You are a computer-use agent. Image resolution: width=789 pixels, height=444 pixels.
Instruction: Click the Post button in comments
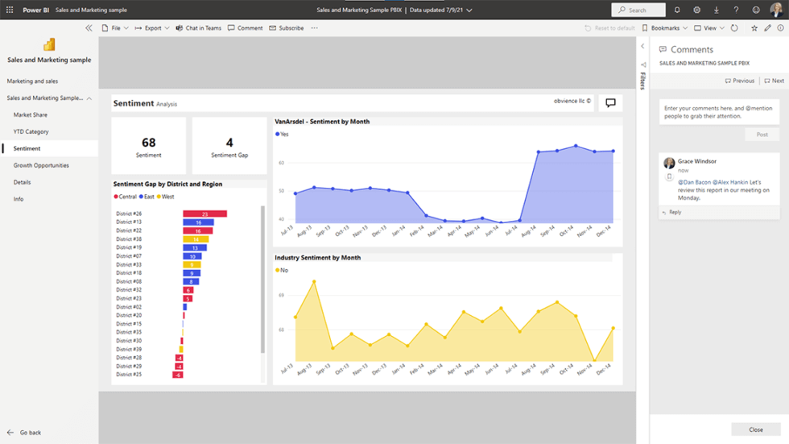pos(762,135)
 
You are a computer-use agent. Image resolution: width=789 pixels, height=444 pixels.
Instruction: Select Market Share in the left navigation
pos(31,115)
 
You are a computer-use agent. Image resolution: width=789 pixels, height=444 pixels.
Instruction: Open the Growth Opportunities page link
pos(41,165)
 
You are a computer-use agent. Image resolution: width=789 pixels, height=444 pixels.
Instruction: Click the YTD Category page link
pos(31,131)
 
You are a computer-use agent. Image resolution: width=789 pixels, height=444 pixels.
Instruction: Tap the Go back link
pos(31,433)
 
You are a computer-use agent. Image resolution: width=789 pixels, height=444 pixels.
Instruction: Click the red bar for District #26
pos(204,214)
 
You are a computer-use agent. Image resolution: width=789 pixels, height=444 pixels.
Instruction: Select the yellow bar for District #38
pos(196,239)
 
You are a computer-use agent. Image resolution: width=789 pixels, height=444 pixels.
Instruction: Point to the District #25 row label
pos(129,375)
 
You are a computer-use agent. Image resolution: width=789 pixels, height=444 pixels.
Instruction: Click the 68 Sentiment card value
pos(148,143)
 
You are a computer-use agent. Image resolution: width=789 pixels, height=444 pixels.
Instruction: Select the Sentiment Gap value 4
pos(229,143)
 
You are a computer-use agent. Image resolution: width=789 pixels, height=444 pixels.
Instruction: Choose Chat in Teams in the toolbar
pos(198,28)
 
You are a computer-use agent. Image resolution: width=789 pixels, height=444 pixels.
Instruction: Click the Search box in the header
pos(638,10)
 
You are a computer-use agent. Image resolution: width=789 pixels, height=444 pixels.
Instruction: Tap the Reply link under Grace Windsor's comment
pos(674,212)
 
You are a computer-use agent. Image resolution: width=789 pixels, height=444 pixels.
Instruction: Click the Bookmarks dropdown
pos(665,28)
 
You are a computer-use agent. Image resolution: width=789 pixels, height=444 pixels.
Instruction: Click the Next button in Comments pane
pos(774,81)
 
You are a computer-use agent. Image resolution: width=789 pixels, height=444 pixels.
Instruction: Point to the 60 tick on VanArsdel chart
pos(282,163)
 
